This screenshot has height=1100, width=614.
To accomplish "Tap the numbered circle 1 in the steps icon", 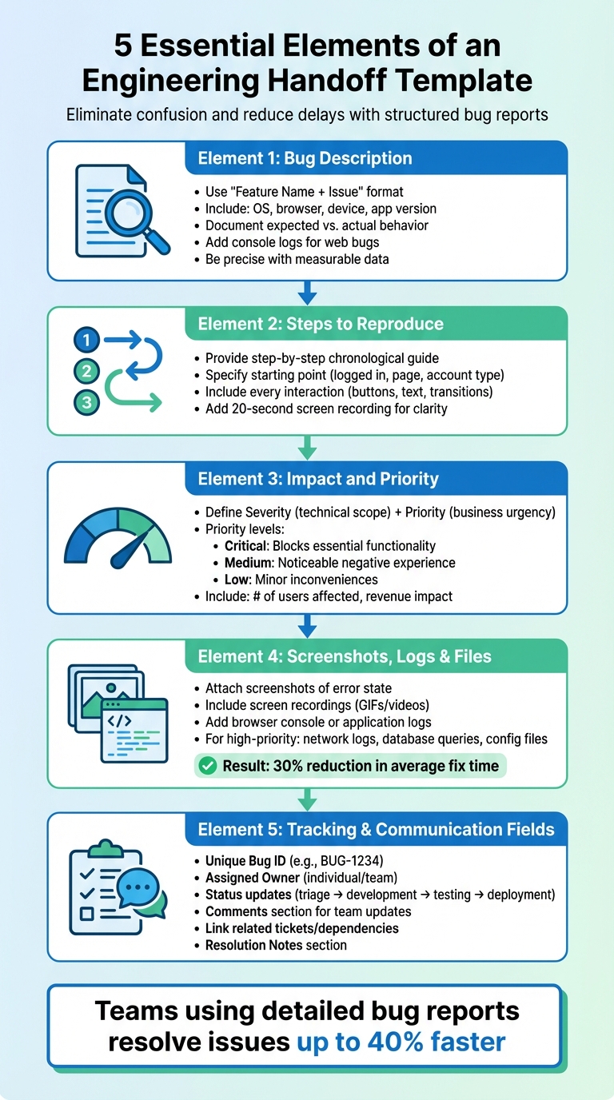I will (86, 341).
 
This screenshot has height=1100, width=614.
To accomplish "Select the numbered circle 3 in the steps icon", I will (86, 402).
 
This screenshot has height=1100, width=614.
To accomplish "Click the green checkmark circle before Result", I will (207, 766).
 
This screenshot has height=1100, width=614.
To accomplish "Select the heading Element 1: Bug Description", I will (305, 157).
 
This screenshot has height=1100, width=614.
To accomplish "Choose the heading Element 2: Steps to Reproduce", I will (320, 324).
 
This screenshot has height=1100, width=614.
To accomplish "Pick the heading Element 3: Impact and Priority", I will (318, 479).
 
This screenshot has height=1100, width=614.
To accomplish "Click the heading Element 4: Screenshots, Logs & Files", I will (345, 656).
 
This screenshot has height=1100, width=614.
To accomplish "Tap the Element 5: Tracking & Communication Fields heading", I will (376, 829).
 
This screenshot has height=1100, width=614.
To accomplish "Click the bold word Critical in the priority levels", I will (248, 546).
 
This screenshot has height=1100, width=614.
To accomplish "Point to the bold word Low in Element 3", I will (237, 579).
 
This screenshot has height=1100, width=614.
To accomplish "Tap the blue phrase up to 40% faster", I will (401, 1042).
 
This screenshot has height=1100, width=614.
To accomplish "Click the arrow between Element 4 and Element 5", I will (307, 799).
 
